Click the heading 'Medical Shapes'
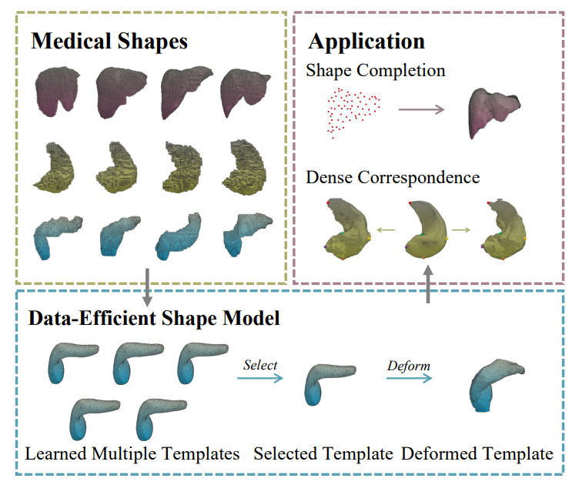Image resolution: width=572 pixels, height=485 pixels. [x=109, y=41]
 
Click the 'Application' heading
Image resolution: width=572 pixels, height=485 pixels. [x=366, y=41]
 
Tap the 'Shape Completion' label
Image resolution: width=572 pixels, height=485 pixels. [x=375, y=71]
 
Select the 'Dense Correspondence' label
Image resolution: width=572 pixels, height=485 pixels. [x=393, y=178]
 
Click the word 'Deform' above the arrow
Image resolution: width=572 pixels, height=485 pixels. [x=408, y=364]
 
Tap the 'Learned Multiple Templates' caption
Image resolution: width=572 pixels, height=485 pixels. [x=132, y=453]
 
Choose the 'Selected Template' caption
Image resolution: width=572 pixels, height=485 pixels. [x=323, y=453]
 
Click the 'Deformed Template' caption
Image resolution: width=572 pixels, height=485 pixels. [x=477, y=453]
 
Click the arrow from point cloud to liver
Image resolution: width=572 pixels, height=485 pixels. [x=421, y=110]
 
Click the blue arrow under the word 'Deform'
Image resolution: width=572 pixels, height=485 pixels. [x=408, y=377]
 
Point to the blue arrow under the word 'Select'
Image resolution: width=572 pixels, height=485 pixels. [x=262, y=377]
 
